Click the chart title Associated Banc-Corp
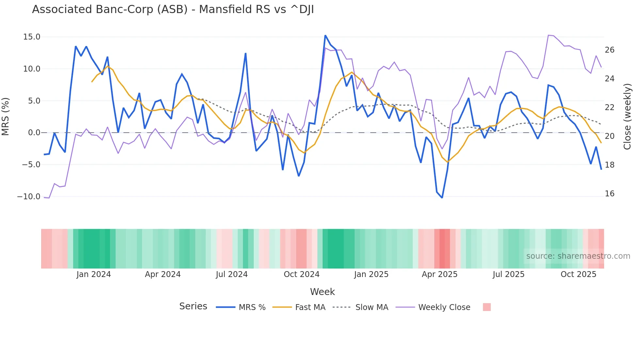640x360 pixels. [173, 9]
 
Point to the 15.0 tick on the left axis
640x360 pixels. [32, 37]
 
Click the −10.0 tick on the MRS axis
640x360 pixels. [29, 197]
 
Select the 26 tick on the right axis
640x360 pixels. [609, 50]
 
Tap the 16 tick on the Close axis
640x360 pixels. [609, 194]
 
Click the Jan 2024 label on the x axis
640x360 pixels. [94, 274]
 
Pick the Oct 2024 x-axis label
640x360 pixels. [301, 274]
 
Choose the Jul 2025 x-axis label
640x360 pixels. [508, 274]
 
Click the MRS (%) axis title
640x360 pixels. [6, 116]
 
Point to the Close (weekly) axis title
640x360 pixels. [627, 116]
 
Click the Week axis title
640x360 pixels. [322, 292]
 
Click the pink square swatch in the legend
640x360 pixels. [487, 307]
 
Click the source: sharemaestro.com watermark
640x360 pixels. [578, 256]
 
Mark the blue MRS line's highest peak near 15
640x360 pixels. [325, 36]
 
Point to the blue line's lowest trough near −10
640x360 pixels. [442, 198]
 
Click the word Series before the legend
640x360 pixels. [193, 306]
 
